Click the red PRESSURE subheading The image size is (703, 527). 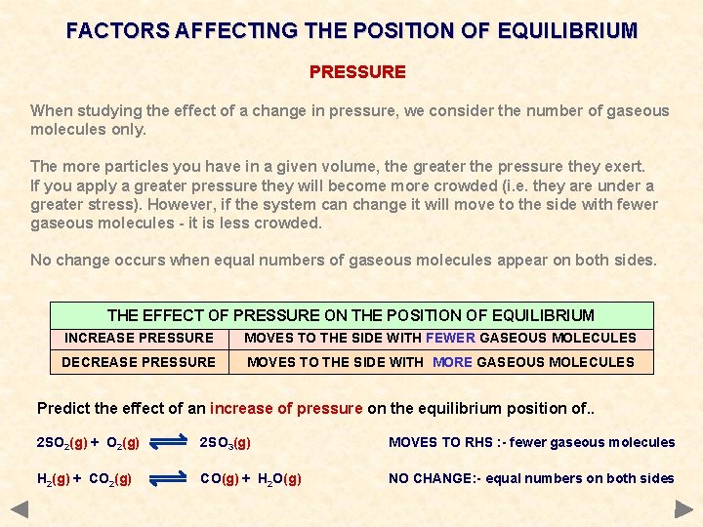[x=357, y=72]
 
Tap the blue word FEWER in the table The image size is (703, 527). [x=450, y=338]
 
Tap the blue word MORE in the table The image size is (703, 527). [x=452, y=362]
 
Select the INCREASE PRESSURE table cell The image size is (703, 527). [x=139, y=338]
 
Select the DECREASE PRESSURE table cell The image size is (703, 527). [x=139, y=362]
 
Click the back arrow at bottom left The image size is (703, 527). [x=19, y=508]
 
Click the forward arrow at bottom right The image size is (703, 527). [x=683, y=508]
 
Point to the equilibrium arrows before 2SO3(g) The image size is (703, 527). [x=169, y=443]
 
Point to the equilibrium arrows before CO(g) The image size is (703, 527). [x=169, y=478]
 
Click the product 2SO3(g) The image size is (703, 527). [x=226, y=443]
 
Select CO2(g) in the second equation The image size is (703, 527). [x=110, y=478]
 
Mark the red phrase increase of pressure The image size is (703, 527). [x=286, y=408]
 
